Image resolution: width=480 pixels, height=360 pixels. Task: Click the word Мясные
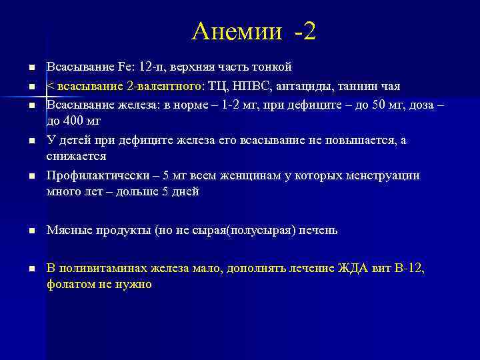pos(66,230)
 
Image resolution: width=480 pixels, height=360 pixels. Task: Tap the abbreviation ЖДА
pos(357,269)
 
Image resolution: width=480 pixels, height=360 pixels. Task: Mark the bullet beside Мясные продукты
pos(31,231)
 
